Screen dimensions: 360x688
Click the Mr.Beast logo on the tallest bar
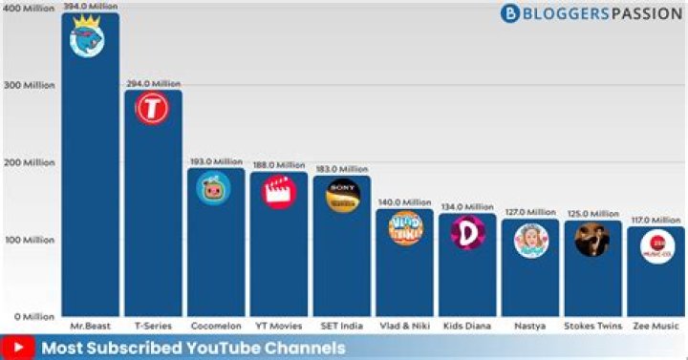(90, 38)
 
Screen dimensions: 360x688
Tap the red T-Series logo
(152, 110)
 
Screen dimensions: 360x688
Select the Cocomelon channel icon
(213, 187)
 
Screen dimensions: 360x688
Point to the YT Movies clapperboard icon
(278, 191)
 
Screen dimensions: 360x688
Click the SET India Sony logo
(341, 195)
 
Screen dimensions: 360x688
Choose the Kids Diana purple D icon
(466, 233)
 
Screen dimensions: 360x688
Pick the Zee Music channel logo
(656, 245)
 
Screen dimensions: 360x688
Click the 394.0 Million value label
(91, 7)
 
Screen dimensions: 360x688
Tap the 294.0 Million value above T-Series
(152, 84)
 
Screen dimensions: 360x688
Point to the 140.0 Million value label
(404, 202)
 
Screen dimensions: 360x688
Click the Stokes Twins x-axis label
(591, 327)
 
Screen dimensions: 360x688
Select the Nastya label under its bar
(529, 327)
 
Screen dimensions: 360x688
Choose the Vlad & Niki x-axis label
(404, 327)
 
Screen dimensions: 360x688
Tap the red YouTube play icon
(19, 348)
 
